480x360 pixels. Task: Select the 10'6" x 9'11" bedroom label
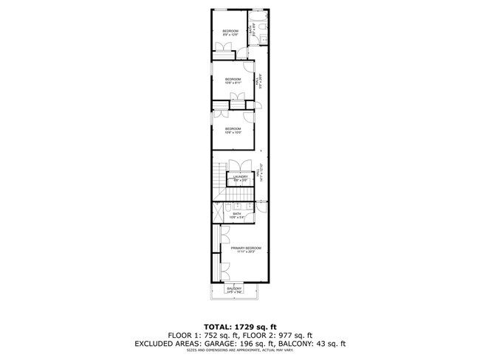pos(233,81)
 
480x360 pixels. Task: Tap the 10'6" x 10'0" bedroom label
pos(233,131)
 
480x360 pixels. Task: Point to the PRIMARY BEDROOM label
pos(245,250)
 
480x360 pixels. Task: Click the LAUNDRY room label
pos(240,178)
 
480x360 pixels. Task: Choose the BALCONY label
pos(235,289)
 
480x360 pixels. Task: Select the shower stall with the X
pos(219,212)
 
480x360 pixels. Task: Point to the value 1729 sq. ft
pos(259,325)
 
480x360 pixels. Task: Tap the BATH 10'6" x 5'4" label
pos(237,215)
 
